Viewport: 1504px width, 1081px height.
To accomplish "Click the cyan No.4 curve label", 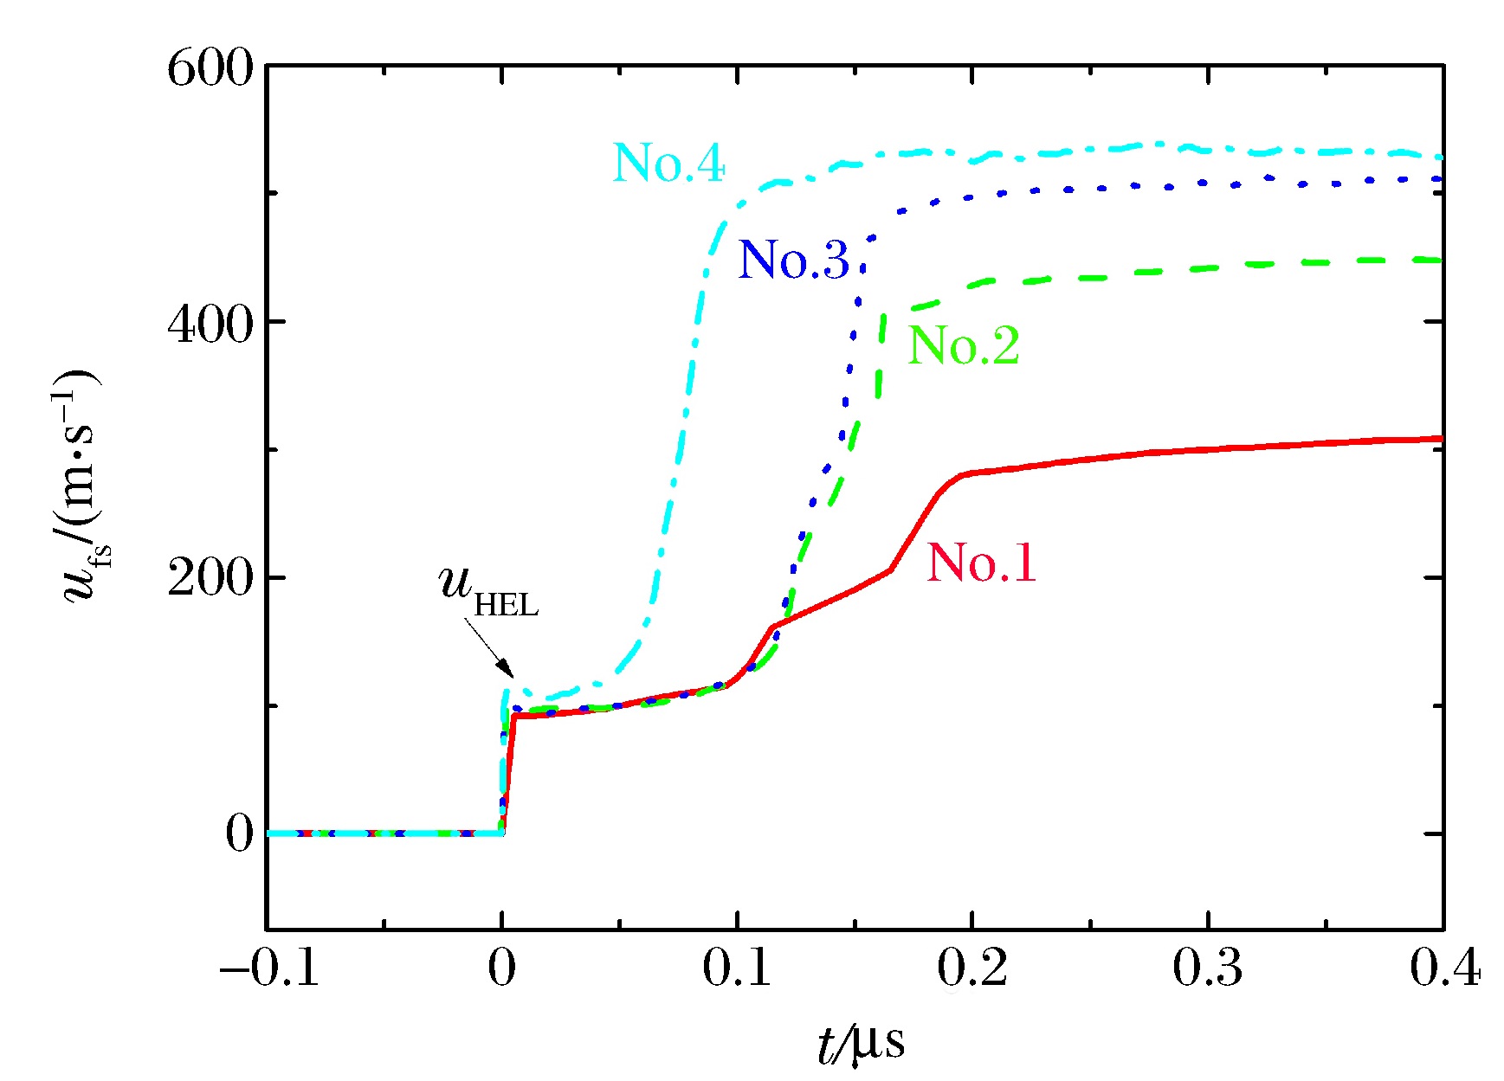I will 668,163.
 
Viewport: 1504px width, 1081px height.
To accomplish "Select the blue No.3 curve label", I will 793,259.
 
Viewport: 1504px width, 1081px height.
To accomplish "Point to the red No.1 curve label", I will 981,563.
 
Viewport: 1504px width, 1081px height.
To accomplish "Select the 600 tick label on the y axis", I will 210,68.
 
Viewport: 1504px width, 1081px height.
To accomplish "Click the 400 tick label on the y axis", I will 210,324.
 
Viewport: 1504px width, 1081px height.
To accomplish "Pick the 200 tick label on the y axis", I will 210,577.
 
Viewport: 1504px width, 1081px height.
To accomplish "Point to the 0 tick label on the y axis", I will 239,833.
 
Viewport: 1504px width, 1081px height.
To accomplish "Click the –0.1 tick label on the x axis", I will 269,968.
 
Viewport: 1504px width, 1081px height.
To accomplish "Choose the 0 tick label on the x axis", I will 501,968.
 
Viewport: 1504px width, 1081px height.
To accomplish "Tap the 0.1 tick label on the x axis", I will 736,968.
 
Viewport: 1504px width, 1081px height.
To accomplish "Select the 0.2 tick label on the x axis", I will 971,968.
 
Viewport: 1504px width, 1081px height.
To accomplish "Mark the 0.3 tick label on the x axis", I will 1207,968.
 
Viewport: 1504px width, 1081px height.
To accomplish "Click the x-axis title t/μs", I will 861,1042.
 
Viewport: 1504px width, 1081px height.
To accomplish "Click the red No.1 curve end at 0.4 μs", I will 1440,439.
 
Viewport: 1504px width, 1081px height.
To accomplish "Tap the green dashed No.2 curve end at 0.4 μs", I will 1440,260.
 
